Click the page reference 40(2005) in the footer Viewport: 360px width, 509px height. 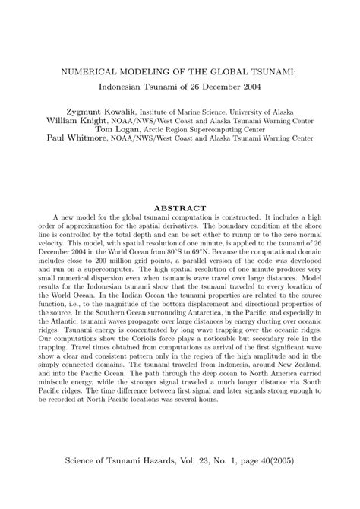tap(284, 461)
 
